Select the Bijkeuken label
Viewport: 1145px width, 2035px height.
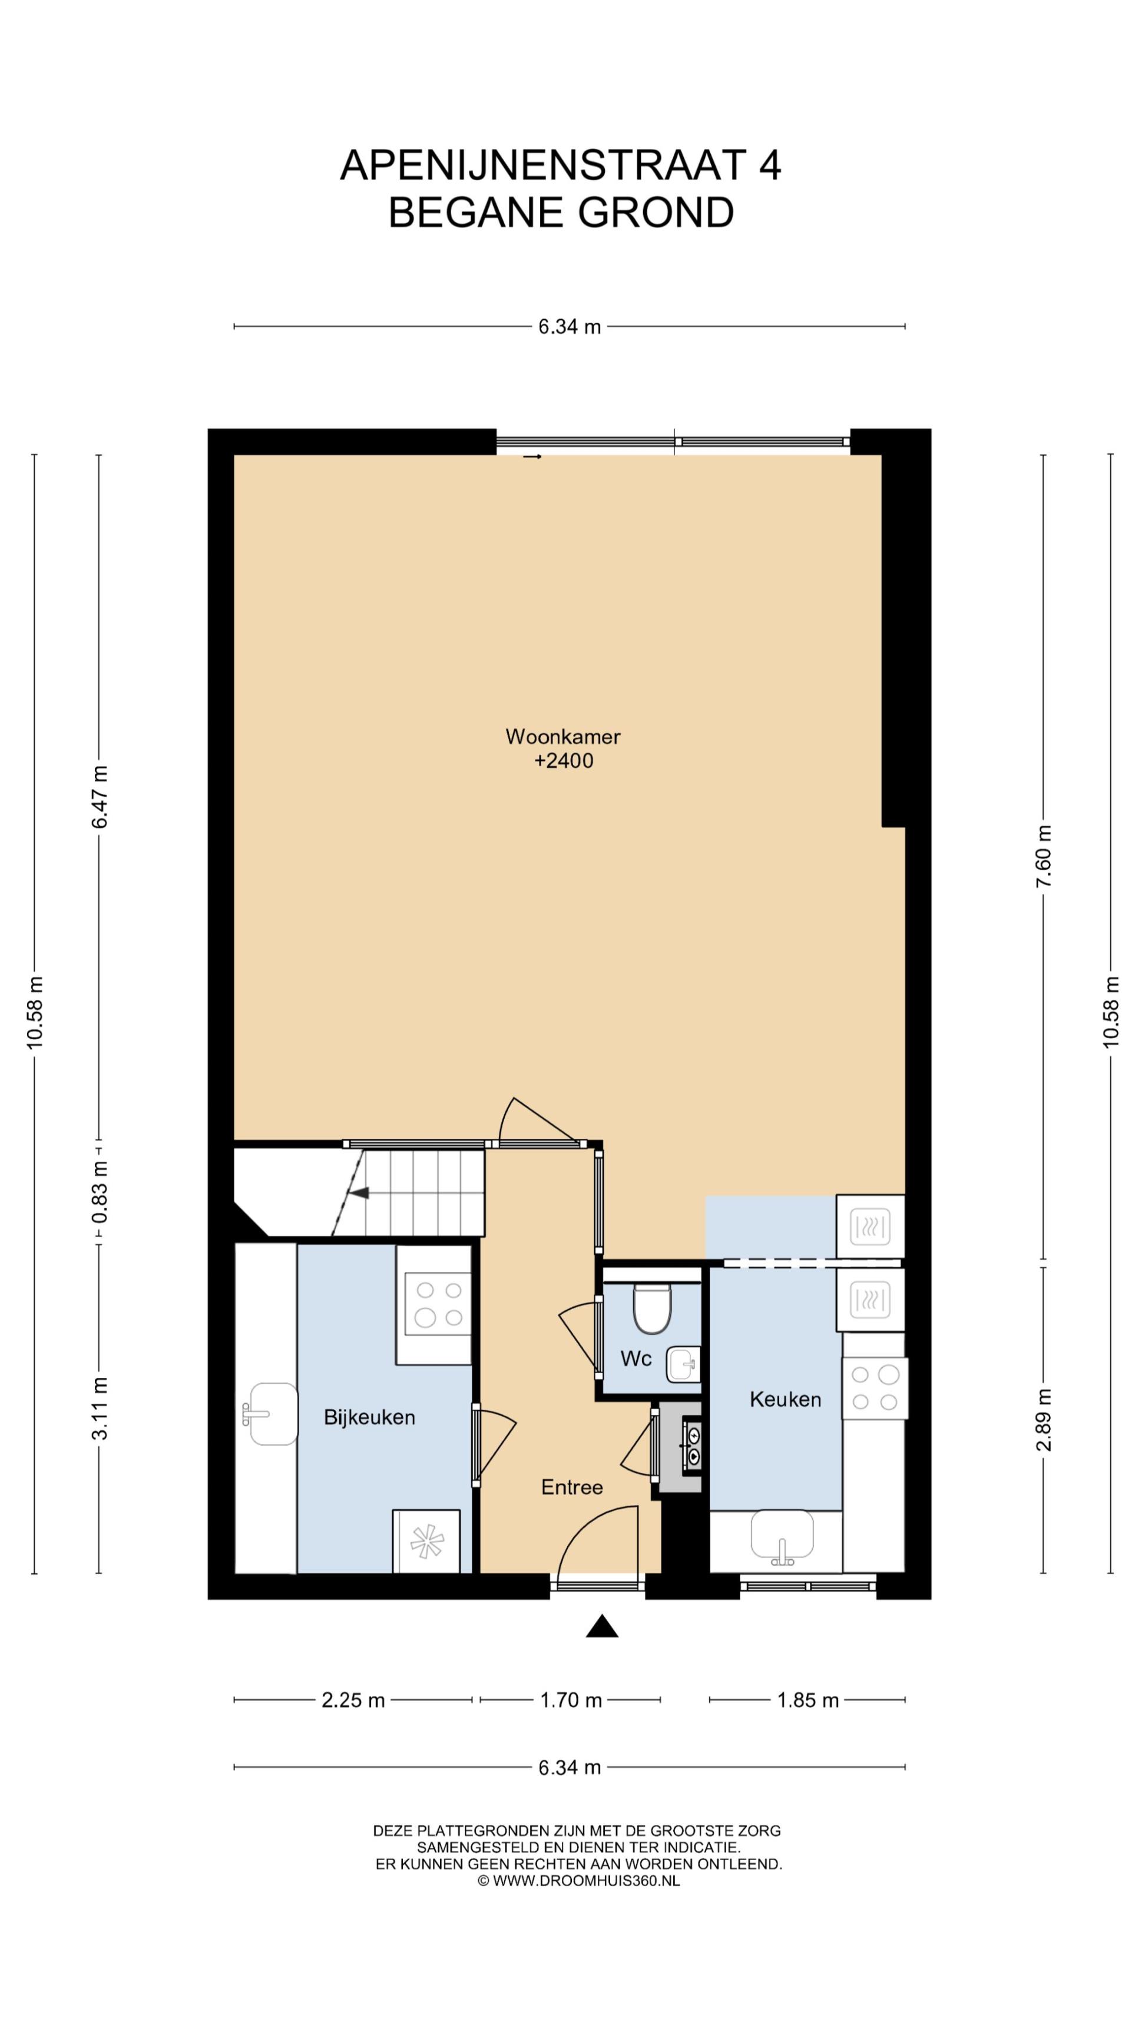coord(369,1417)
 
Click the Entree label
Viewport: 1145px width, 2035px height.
coord(571,1487)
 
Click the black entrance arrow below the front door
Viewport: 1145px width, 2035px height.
coord(601,1626)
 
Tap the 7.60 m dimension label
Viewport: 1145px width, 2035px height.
coord(1044,856)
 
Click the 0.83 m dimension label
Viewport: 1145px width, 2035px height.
coord(100,1192)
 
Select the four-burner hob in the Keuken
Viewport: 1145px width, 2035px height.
coord(875,1388)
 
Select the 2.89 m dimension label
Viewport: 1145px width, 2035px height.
coord(1044,1420)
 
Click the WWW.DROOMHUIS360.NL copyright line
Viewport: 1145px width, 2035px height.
coord(578,1881)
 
